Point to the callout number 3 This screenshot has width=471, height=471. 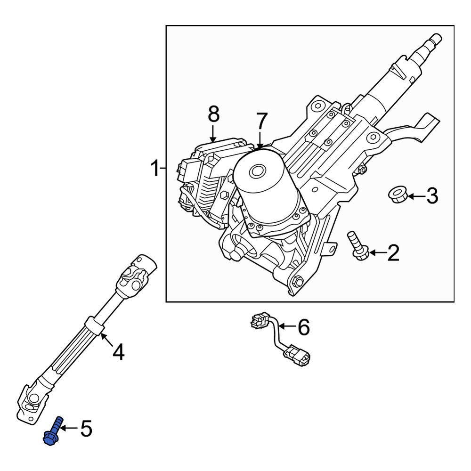[432, 195]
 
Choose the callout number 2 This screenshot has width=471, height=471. [393, 253]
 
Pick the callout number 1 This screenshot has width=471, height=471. [154, 168]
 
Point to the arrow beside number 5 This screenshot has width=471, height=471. [69, 428]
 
